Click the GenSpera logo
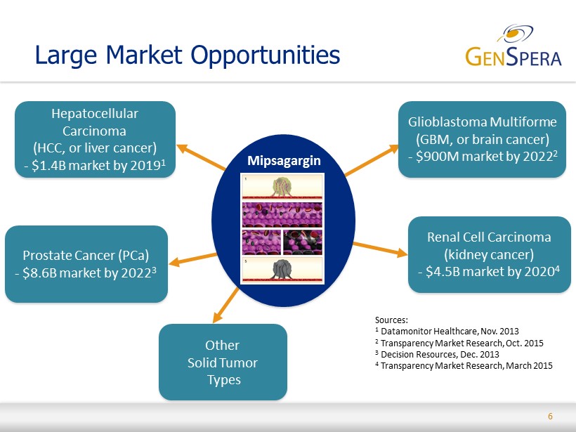[513, 46]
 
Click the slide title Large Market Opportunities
[188, 55]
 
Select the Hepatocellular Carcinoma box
[95, 140]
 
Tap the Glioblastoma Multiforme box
[482, 140]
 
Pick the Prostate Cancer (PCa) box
[86, 264]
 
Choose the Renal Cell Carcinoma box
[490, 254]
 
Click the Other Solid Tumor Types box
[223, 362]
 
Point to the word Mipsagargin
[284, 161]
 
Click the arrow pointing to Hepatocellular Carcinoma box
[202, 157]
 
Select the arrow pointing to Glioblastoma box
[372, 160]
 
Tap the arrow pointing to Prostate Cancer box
[193, 259]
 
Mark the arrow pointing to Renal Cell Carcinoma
[380, 249]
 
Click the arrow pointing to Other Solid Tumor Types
[226, 306]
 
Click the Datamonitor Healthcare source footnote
[447, 332]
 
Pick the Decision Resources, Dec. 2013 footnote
[437, 355]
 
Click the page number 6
[550, 417]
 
